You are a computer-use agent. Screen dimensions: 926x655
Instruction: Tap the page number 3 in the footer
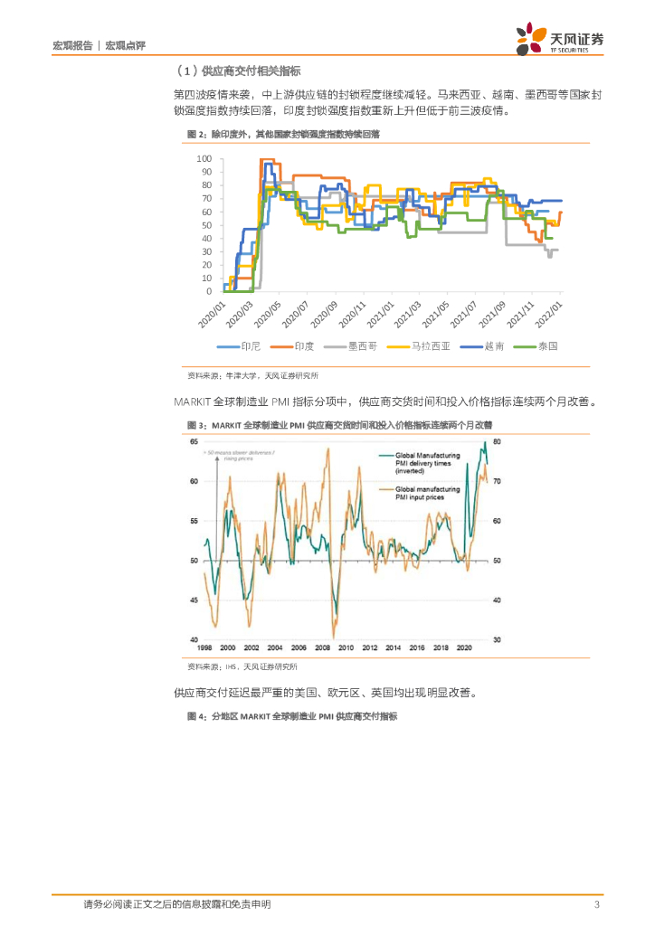[x=596, y=904]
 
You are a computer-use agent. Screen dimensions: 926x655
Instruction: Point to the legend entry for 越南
[x=493, y=345]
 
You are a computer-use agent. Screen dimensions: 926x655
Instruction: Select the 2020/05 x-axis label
[x=268, y=317]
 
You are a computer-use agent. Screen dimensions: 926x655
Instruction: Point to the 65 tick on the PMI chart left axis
[x=194, y=441]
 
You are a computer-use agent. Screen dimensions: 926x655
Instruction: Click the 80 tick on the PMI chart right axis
[x=497, y=441]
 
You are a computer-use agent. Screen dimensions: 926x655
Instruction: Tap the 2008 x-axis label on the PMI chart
[x=322, y=648]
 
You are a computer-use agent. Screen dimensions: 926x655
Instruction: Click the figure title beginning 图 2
[x=282, y=133]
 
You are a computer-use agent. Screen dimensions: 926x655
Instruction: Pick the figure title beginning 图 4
[x=291, y=716]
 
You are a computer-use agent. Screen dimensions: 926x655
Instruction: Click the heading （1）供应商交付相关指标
[x=237, y=71]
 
